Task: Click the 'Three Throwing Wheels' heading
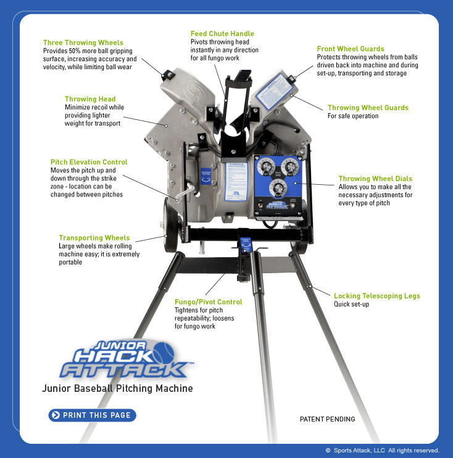pos(83,43)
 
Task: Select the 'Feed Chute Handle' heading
pos(222,33)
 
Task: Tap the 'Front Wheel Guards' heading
pos(351,49)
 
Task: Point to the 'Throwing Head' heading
pos(90,99)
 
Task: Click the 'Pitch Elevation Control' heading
pos(89,162)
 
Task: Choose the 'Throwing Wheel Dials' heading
pos(375,179)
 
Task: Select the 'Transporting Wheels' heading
pos(94,237)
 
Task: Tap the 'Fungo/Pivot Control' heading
pos(208,302)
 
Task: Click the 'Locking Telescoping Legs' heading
pos(376,296)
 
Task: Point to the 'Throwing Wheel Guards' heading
pos(368,108)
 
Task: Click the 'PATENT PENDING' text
pos(327,419)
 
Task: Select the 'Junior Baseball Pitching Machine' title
pos(117,389)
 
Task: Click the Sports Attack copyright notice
pos(382,451)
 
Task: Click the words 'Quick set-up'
pos(351,305)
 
